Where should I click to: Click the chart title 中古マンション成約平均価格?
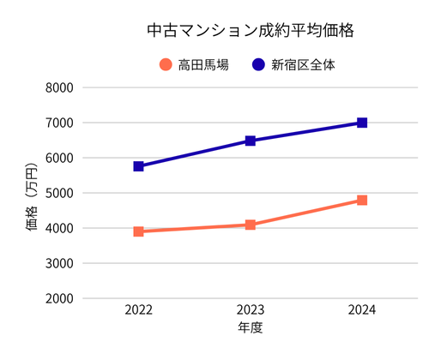click(x=251, y=30)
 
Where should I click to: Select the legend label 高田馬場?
click(x=203, y=64)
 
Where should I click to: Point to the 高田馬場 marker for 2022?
click(x=138, y=231)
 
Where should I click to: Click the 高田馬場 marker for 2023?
click(x=251, y=225)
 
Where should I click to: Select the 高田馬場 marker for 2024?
click(x=362, y=201)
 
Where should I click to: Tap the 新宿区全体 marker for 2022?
click(x=138, y=166)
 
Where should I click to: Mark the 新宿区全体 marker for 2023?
click(x=251, y=141)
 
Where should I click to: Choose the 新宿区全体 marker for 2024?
click(x=362, y=123)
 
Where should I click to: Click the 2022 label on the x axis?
click(x=138, y=310)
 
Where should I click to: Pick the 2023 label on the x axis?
click(x=251, y=310)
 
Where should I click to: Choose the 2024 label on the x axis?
click(x=362, y=310)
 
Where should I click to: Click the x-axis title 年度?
click(x=251, y=328)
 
